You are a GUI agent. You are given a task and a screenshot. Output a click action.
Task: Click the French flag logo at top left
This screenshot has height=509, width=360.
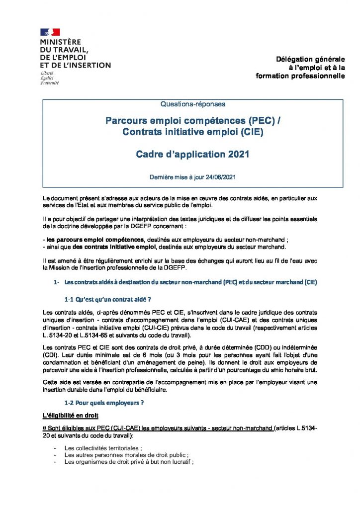50,32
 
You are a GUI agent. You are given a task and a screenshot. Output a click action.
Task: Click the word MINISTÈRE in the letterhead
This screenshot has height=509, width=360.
61,42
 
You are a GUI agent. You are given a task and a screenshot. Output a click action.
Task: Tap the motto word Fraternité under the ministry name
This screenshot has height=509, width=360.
50,83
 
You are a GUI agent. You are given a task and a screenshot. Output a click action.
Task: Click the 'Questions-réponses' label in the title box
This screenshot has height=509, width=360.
193,104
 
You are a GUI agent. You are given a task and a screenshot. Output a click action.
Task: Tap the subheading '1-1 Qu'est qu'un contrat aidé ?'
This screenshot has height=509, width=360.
107,300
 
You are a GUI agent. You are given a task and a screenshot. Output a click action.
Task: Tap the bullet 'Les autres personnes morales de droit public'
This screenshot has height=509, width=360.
126,455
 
